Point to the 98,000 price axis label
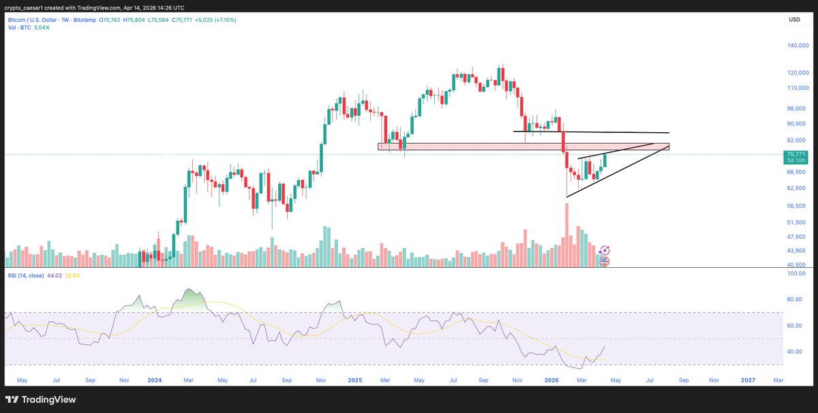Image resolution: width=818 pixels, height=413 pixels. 797,108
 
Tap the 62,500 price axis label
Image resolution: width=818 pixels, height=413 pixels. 797,188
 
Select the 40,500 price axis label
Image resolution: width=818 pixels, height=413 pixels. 797,265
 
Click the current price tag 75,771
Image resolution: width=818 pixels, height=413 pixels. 796,154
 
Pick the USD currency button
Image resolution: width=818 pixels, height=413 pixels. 794,20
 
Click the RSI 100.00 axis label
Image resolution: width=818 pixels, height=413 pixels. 797,273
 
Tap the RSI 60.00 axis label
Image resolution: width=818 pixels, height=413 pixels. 796,326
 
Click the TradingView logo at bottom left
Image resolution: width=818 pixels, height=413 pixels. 40,399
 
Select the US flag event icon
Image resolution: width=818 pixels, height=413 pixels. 604,261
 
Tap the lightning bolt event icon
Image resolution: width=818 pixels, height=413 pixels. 604,251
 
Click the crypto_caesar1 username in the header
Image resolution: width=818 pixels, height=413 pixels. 25,7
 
